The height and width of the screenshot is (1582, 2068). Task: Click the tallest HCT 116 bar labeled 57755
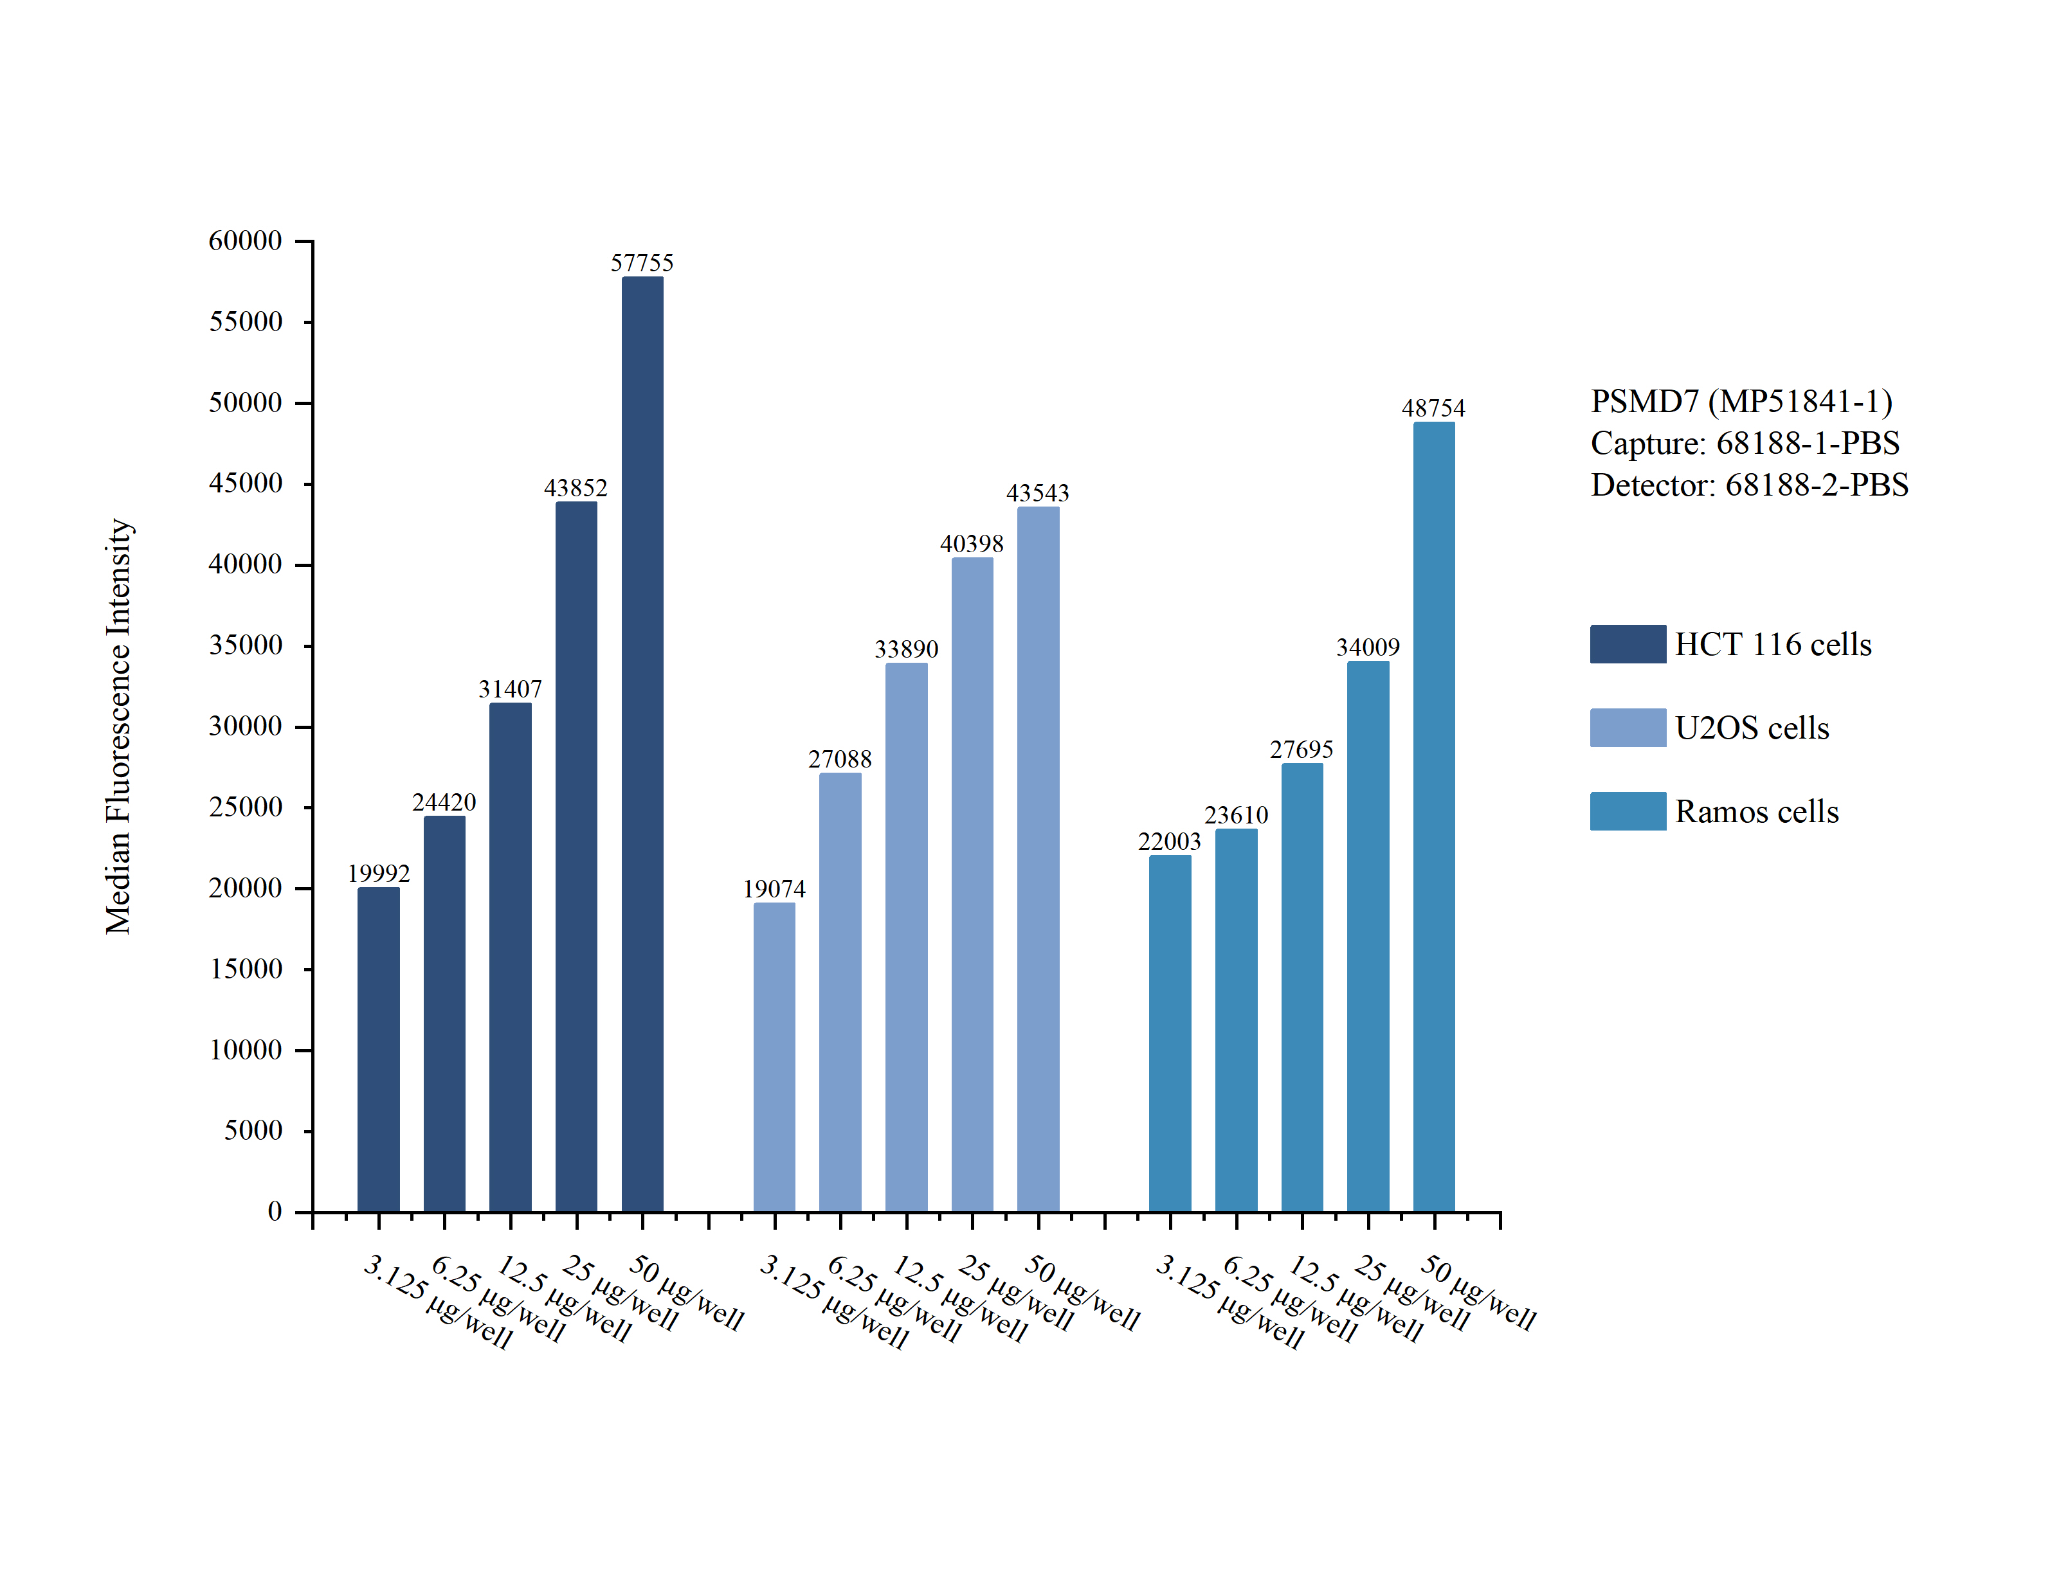[642, 744]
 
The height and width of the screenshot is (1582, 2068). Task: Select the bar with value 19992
[379, 1050]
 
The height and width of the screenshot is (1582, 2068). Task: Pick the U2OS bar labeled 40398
[972, 885]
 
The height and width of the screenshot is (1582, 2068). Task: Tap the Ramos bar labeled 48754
[1433, 818]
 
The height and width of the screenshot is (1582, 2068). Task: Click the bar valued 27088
[840, 993]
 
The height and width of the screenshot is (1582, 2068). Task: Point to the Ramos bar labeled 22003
[1170, 1034]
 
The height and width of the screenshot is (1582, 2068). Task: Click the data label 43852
[576, 488]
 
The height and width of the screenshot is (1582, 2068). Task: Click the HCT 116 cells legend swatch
[1628, 644]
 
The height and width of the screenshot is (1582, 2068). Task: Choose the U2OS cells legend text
[1752, 728]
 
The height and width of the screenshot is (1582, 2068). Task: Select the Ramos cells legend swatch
[1628, 811]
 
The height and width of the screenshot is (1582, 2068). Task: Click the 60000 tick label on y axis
[245, 241]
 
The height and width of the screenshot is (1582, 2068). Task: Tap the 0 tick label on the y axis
[275, 1211]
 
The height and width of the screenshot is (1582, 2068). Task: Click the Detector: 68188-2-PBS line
[1750, 485]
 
